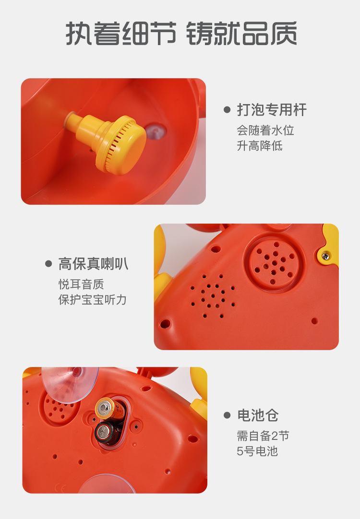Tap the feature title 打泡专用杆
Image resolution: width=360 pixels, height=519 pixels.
point(272,110)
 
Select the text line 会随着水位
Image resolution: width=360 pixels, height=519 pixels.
point(265,130)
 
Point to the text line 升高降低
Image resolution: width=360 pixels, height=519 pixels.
point(260,145)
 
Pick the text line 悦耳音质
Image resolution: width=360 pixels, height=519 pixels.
point(81,284)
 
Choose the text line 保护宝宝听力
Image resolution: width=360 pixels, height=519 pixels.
point(93,299)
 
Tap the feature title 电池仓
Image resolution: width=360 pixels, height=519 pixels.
point(258,415)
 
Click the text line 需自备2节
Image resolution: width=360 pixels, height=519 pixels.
point(263,436)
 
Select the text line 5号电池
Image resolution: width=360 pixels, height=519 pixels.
point(257,451)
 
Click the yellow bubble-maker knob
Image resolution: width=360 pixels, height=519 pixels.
point(120,142)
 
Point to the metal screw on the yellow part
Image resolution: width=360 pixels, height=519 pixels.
point(326,256)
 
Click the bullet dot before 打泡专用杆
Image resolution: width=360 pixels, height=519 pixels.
point(227,110)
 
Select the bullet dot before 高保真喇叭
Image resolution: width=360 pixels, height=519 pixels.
point(48,263)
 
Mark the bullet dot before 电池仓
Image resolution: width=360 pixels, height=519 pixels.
point(227,415)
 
